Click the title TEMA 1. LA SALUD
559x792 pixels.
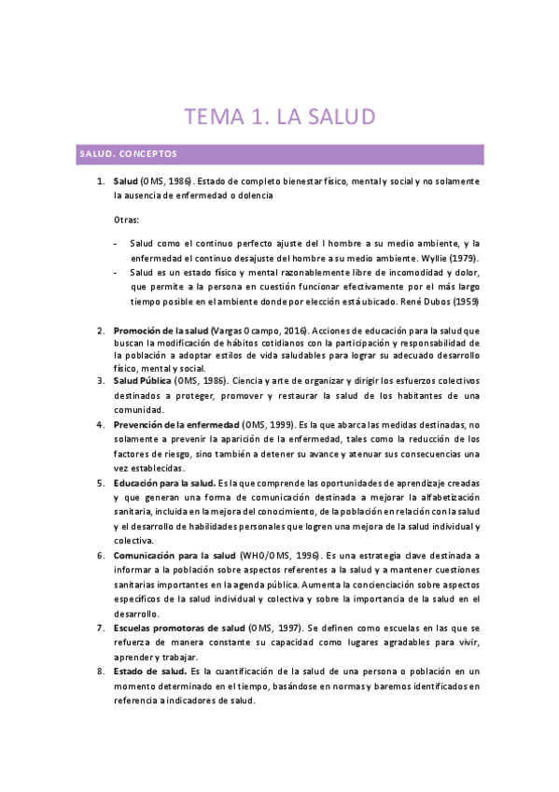pyautogui.click(x=279, y=117)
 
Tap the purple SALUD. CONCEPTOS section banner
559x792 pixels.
pyautogui.click(x=280, y=153)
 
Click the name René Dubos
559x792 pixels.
pyautogui.click(x=402, y=302)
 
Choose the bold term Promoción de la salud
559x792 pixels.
pyautogui.click(x=161, y=331)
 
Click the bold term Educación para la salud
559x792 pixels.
pyautogui.click(x=163, y=483)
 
